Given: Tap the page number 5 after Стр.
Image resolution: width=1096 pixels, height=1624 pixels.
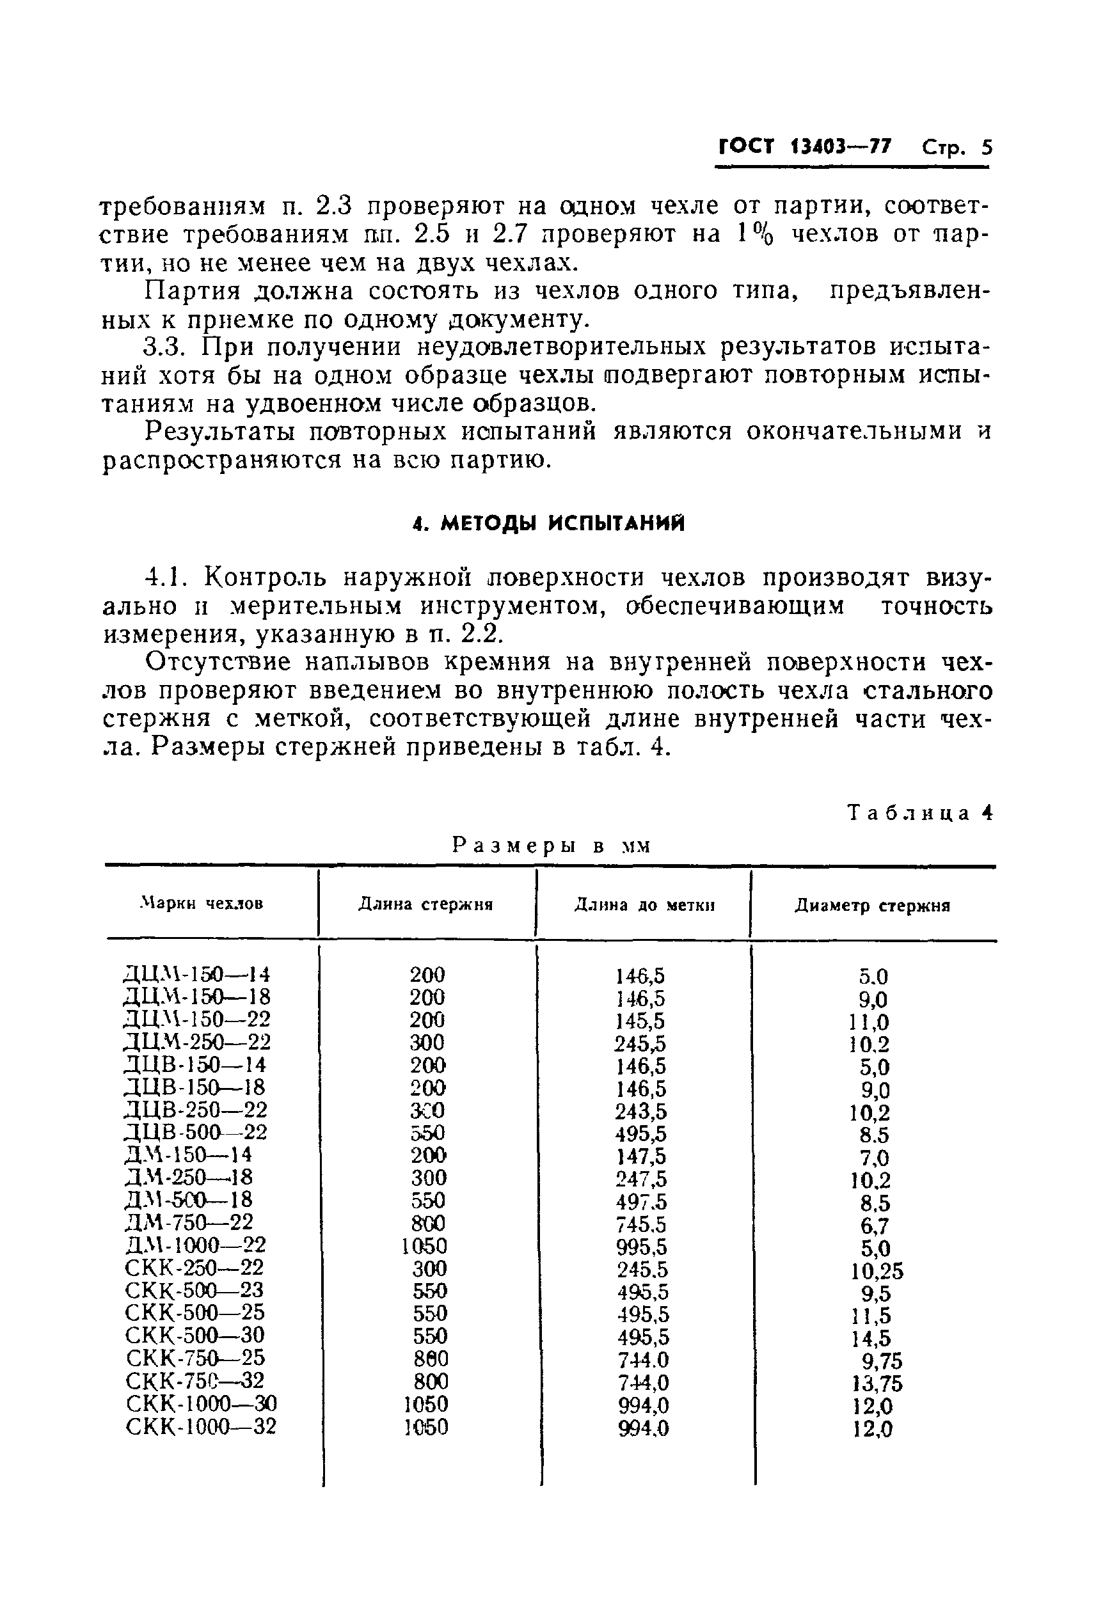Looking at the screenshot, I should click(x=986, y=148).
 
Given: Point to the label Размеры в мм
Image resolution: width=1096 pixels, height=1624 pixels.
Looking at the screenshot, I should click(x=552, y=846).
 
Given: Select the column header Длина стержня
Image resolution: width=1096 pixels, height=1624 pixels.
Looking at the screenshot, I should click(x=425, y=904).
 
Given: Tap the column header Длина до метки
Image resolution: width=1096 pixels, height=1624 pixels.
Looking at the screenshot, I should click(x=644, y=905).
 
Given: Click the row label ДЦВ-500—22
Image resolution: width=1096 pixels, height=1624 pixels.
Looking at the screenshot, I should click(x=196, y=1132).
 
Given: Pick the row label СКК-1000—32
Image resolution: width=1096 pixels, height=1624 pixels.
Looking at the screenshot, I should click(x=202, y=1426).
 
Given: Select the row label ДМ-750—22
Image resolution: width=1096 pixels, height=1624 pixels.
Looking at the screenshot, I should click(x=189, y=1222).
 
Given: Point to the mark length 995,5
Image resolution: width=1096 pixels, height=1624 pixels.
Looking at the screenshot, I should click(x=642, y=1247).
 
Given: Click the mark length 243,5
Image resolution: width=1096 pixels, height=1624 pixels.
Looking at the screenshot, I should click(x=641, y=1111).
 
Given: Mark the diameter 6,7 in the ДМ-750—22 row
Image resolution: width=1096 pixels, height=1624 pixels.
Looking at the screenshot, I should click(x=875, y=1225).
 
